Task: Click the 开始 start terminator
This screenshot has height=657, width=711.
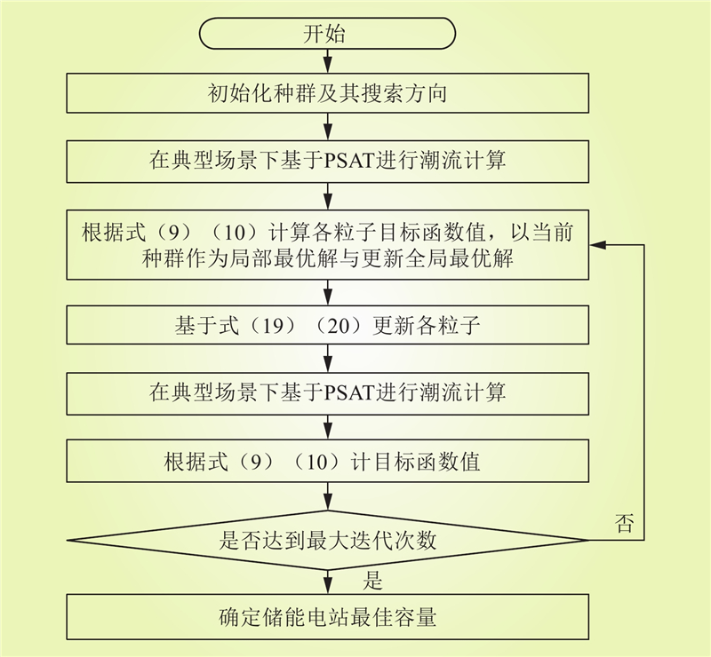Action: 327,33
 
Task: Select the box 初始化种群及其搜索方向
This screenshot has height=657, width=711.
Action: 327,93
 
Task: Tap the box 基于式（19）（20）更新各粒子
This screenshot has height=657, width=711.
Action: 327,325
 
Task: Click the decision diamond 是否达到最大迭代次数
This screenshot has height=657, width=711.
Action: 327,540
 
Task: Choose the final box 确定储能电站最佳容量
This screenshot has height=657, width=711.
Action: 327,617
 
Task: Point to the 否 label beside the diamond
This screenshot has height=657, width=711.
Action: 624,523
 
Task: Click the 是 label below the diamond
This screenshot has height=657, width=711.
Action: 372,581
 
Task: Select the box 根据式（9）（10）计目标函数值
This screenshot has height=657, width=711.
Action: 327,462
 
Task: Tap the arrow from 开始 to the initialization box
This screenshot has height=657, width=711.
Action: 327,60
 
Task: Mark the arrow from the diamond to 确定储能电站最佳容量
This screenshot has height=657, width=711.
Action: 327,582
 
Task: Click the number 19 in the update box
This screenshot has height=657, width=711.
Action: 273,325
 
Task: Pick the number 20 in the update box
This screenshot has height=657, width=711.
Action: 338,325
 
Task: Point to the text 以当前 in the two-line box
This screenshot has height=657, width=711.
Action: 542,232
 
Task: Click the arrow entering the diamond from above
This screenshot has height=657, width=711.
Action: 327,496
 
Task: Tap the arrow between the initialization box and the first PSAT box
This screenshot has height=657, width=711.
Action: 327,126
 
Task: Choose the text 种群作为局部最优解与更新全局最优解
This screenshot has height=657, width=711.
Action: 327,259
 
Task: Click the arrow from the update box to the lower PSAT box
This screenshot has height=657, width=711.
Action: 327,359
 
